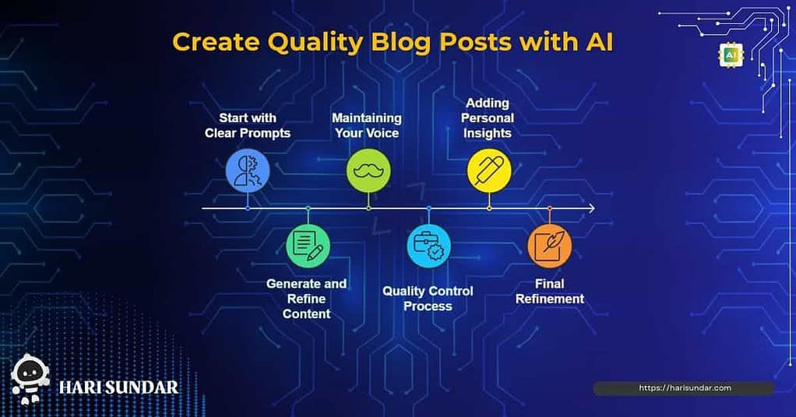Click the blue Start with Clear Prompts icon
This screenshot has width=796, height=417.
point(248,171)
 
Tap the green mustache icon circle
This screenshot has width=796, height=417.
point(368,171)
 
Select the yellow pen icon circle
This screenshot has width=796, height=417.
point(489,171)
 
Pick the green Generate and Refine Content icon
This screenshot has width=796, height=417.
point(308,246)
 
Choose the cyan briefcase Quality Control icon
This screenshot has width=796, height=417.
point(429,246)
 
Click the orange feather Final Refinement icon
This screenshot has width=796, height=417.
point(550,246)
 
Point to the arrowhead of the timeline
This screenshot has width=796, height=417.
point(591,208)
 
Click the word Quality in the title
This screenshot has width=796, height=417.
point(315,43)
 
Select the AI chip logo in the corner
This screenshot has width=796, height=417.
point(731,55)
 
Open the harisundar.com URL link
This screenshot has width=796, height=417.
point(685,388)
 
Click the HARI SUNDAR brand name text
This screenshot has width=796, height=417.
point(119,387)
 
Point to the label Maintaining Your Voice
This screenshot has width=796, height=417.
point(367,125)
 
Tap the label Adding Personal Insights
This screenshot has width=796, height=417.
point(488,117)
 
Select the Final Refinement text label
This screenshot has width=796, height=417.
point(550,291)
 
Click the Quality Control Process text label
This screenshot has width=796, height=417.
point(428,298)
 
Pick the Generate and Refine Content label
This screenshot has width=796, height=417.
point(307,299)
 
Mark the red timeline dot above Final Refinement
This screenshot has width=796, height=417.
point(550,208)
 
